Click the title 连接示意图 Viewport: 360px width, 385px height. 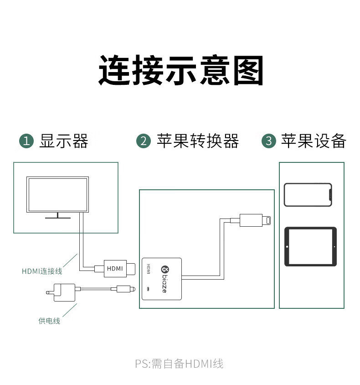[181, 71]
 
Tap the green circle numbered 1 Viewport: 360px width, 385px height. [26, 141]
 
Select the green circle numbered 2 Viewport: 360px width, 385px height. [144, 141]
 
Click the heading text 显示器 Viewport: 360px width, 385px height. [63, 141]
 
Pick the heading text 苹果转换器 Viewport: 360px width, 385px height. [198, 141]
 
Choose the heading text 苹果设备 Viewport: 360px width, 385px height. [314, 141]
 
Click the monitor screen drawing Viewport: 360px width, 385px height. [58, 194]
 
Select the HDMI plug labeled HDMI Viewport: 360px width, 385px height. [115, 268]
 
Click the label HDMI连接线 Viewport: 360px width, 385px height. [42, 271]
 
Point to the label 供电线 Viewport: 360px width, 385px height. [49, 321]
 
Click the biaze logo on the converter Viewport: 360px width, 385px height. [164, 278]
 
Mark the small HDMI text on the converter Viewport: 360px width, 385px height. [148, 269]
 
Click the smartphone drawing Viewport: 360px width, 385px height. [308, 194]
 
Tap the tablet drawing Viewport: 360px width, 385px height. [310, 246]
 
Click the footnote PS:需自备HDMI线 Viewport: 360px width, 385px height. [179, 364]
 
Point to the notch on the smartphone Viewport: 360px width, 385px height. [330, 194]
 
